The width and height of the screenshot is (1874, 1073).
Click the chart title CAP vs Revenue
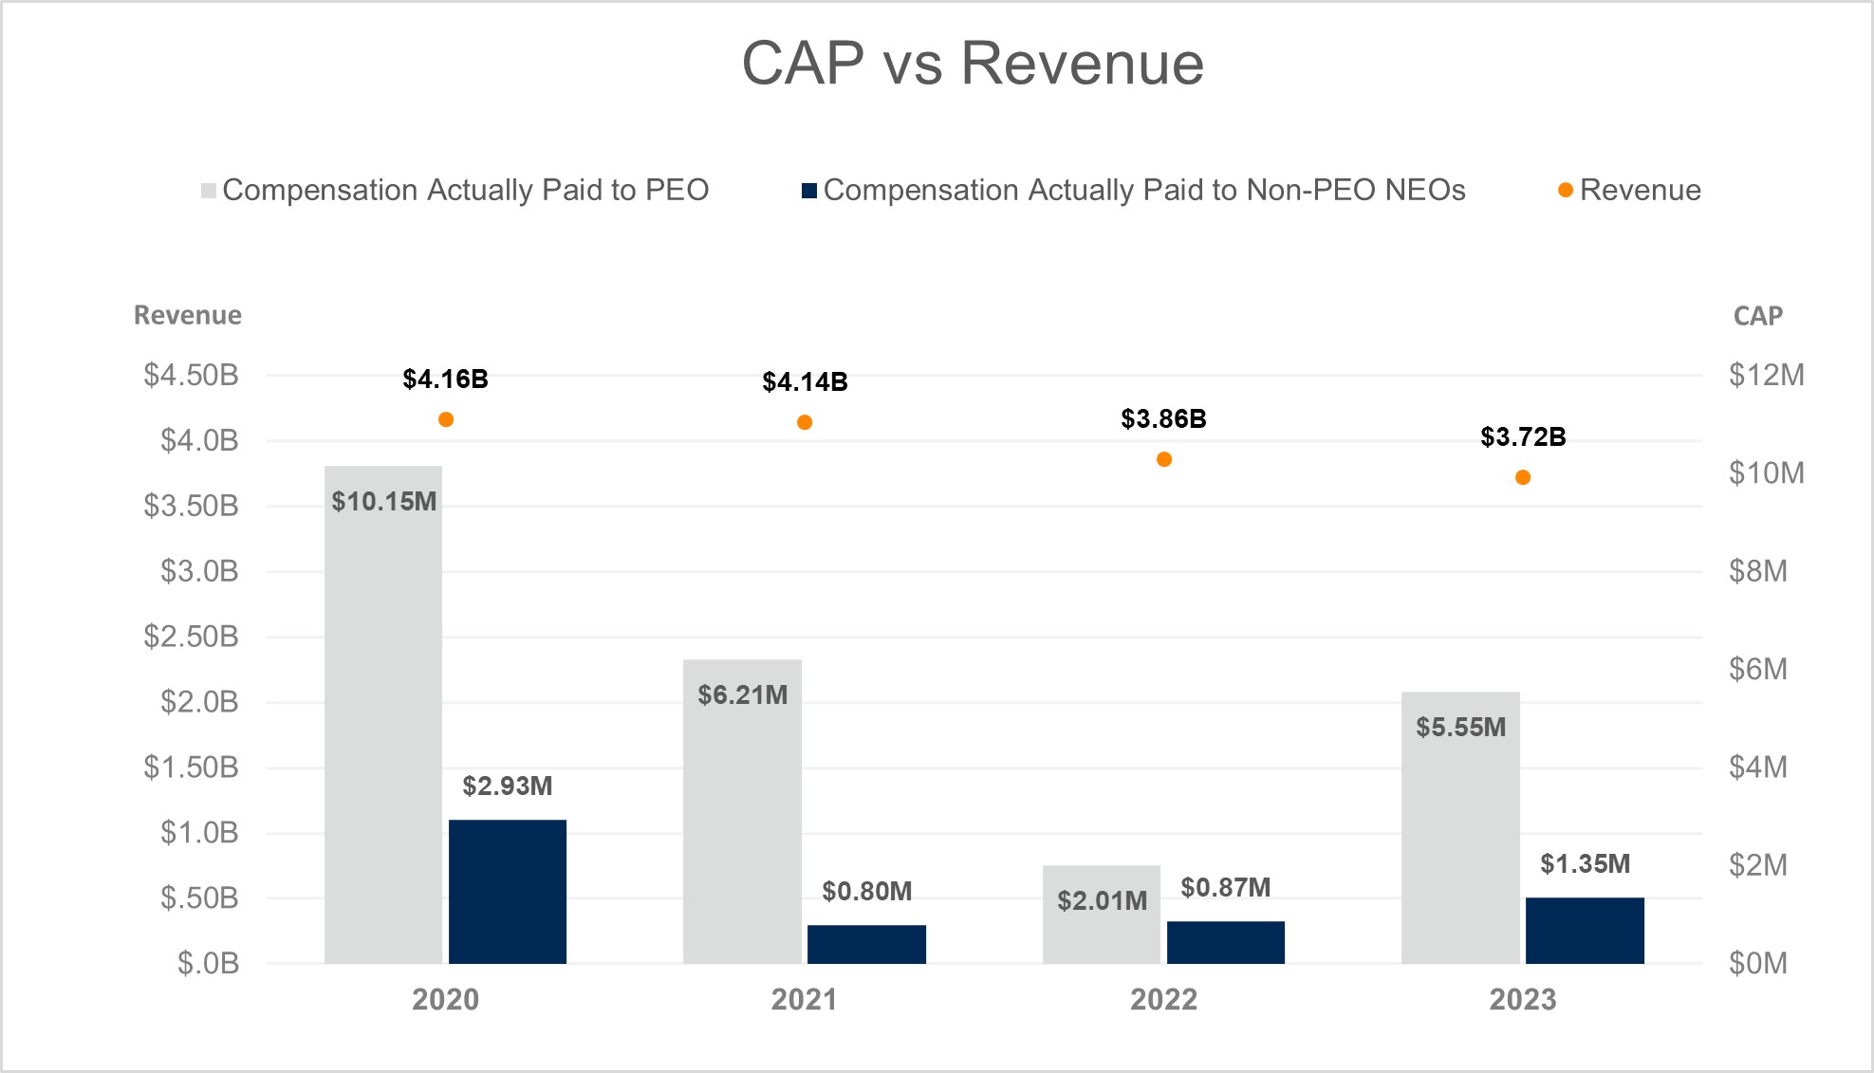click(973, 64)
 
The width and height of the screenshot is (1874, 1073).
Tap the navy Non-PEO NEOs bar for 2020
click(508, 891)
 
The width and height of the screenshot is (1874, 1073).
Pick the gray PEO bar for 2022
click(1102, 915)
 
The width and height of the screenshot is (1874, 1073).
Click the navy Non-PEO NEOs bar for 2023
click(1585, 930)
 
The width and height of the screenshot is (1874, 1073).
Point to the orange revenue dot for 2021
click(805, 422)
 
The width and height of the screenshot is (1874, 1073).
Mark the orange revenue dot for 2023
click(1523, 477)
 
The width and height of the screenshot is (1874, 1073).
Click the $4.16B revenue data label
click(445, 379)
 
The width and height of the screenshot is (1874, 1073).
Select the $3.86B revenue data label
click(1163, 419)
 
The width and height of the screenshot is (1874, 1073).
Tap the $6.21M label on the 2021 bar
click(743, 695)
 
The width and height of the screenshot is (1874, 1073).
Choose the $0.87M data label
click(1225, 888)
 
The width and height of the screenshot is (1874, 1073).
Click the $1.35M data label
click(1585, 864)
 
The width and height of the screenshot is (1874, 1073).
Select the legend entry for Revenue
click(1629, 191)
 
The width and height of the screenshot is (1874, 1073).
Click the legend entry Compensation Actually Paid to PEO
click(455, 191)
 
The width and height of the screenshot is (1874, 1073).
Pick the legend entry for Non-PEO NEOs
click(1134, 191)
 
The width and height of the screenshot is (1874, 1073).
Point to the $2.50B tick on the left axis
click(191, 637)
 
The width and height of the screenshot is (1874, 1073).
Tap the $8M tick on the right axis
click(1757, 571)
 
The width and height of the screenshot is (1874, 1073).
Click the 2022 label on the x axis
click(1163, 1000)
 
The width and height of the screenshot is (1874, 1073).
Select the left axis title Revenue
click(187, 315)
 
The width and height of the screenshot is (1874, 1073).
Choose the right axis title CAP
click(1757, 316)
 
